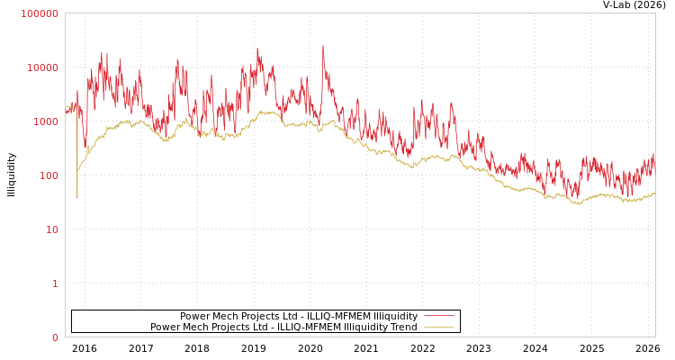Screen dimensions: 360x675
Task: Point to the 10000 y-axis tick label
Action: tap(42, 67)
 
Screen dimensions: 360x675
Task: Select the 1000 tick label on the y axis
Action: tap(45, 121)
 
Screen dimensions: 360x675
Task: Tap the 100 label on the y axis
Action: tap(48, 175)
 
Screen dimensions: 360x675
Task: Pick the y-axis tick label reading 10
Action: tap(51, 229)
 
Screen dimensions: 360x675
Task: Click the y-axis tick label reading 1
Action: tap(55, 283)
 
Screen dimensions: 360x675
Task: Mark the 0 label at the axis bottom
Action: tap(55, 337)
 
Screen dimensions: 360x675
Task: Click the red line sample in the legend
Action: tap(438, 316)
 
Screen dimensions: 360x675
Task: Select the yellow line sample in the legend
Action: tap(438, 327)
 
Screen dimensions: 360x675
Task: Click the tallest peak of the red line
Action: tap(323, 46)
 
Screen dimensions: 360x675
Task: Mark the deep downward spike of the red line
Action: tap(76, 196)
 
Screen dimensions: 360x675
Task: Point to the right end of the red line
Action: tap(654, 155)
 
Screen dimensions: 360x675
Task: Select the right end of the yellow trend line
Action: tap(654, 193)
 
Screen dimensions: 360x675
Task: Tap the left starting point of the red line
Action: tap(66, 112)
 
